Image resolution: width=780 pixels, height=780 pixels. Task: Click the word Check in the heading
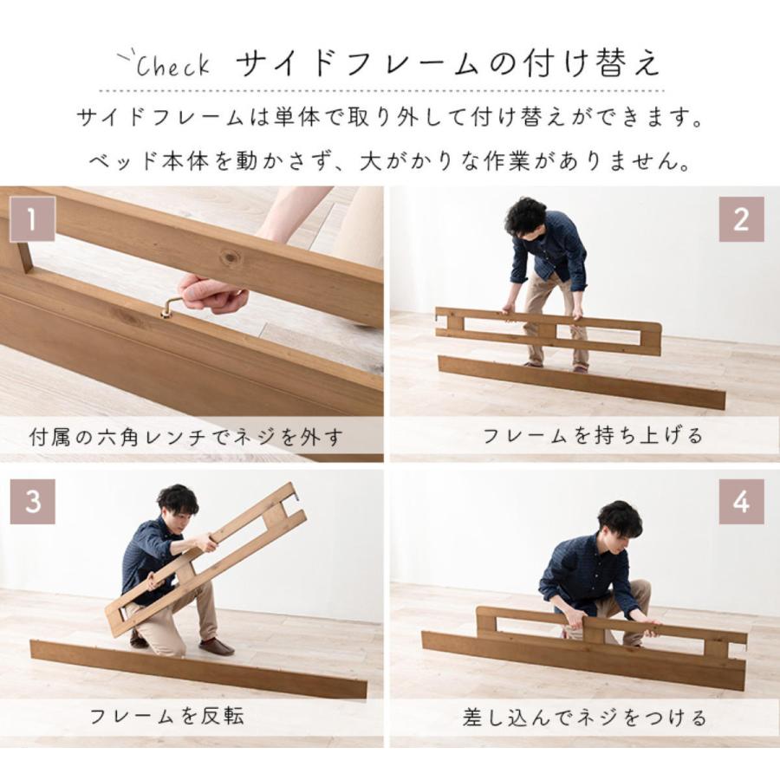point(172,65)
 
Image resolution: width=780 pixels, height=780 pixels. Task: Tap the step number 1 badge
point(32,219)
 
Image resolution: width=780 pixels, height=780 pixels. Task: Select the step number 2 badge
point(741,219)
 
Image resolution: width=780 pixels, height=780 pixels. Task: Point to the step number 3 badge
point(32,502)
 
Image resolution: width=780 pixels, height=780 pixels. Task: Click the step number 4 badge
point(741,502)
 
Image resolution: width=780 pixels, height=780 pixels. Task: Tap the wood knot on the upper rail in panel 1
point(230,257)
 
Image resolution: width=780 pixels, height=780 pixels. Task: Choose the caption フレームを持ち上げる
point(593,436)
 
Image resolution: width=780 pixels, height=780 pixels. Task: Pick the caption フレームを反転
point(166,716)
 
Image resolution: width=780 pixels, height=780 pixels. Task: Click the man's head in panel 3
point(179,503)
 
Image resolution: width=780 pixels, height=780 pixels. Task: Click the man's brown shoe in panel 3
point(216,647)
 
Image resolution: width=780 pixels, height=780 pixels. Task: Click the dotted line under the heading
point(381,90)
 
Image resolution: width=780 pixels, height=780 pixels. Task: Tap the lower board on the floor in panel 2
point(581,382)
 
